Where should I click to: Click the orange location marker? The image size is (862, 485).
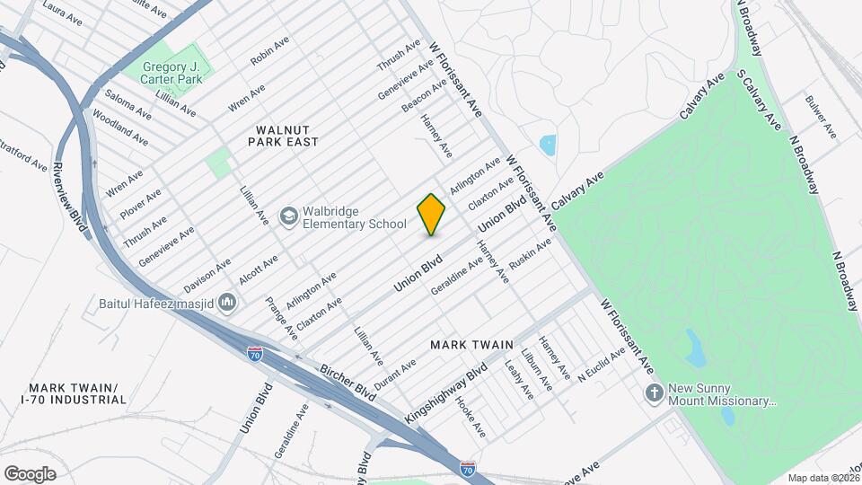[432, 215]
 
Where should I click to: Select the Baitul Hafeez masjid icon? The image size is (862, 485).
[227, 303]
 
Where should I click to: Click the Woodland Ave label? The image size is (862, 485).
[119, 126]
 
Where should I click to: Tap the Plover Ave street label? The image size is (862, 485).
[140, 204]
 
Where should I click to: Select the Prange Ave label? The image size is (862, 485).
[282, 320]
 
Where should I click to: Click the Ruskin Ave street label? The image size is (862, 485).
[529, 255]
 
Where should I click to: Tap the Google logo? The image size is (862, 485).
[30, 473]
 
